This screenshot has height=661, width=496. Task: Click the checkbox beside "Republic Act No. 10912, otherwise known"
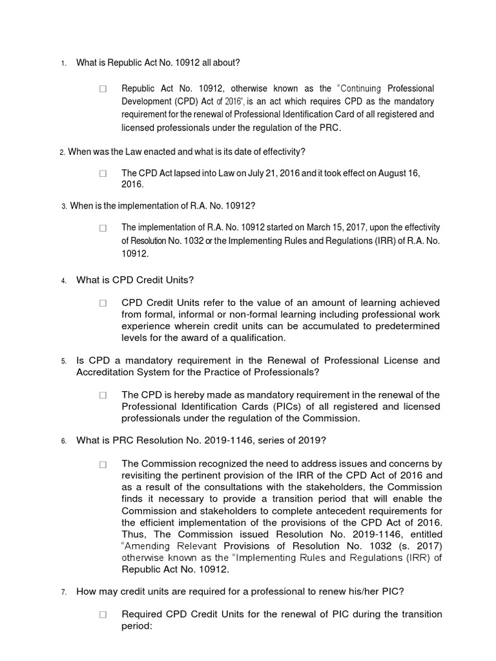coord(103,89)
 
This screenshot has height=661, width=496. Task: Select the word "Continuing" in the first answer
coord(361,88)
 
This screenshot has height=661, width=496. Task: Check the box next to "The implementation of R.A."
coord(103,228)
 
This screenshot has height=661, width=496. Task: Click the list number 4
coord(63,281)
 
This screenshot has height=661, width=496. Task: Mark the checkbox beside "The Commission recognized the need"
coord(103,464)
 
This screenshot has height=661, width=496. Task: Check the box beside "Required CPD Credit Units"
coord(103,615)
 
